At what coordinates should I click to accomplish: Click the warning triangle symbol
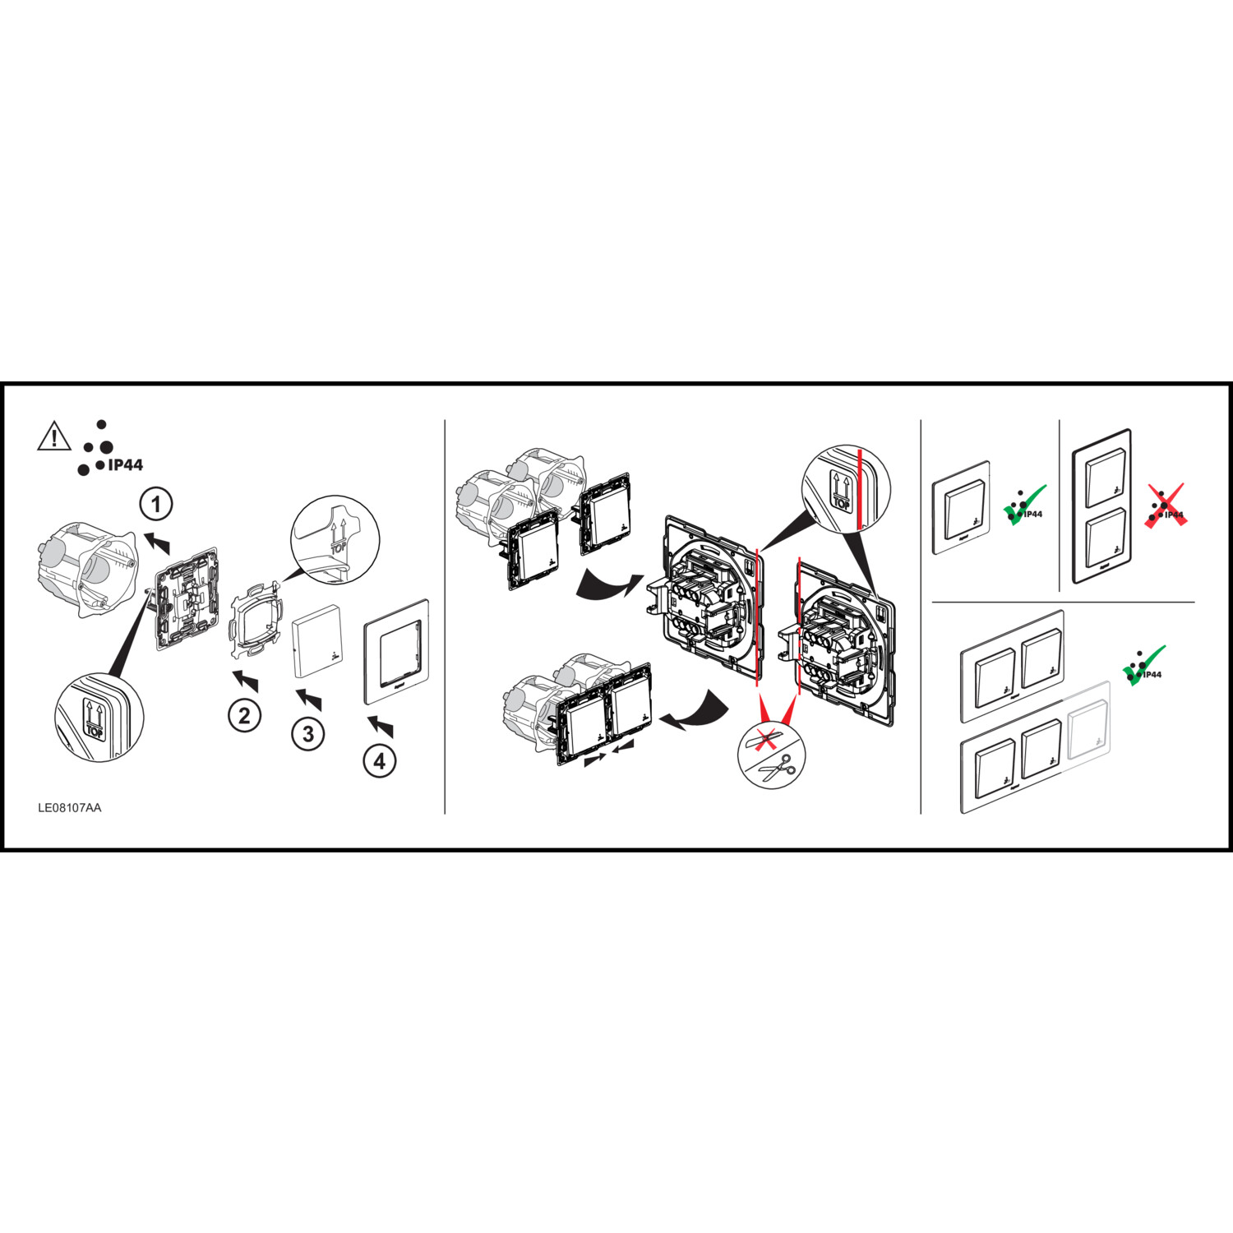click(54, 436)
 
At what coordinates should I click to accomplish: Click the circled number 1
click(156, 503)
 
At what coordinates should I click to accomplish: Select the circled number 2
click(244, 715)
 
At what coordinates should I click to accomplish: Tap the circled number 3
click(308, 733)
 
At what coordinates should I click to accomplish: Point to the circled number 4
click(379, 761)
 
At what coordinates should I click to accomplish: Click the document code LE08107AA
click(70, 808)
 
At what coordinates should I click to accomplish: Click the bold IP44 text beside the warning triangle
click(126, 465)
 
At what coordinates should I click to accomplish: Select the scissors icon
click(774, 769)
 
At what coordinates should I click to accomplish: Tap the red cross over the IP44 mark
click(1166, 506)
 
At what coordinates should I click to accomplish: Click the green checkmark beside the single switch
click(1025, 505)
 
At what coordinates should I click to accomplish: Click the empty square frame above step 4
click(397, 652)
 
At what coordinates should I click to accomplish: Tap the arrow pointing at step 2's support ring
click(245, 680)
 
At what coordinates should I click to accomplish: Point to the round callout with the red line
click(847, 488)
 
